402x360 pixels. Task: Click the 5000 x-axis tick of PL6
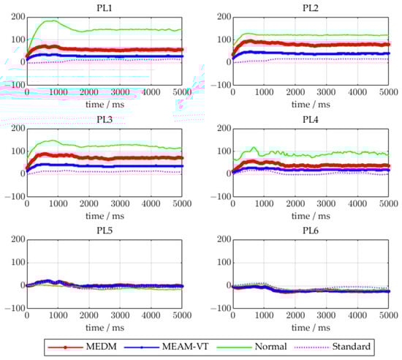tap(387, 316)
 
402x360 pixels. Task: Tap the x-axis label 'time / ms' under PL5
tap(105, 326)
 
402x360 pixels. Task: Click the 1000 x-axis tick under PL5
tap(58, 316)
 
